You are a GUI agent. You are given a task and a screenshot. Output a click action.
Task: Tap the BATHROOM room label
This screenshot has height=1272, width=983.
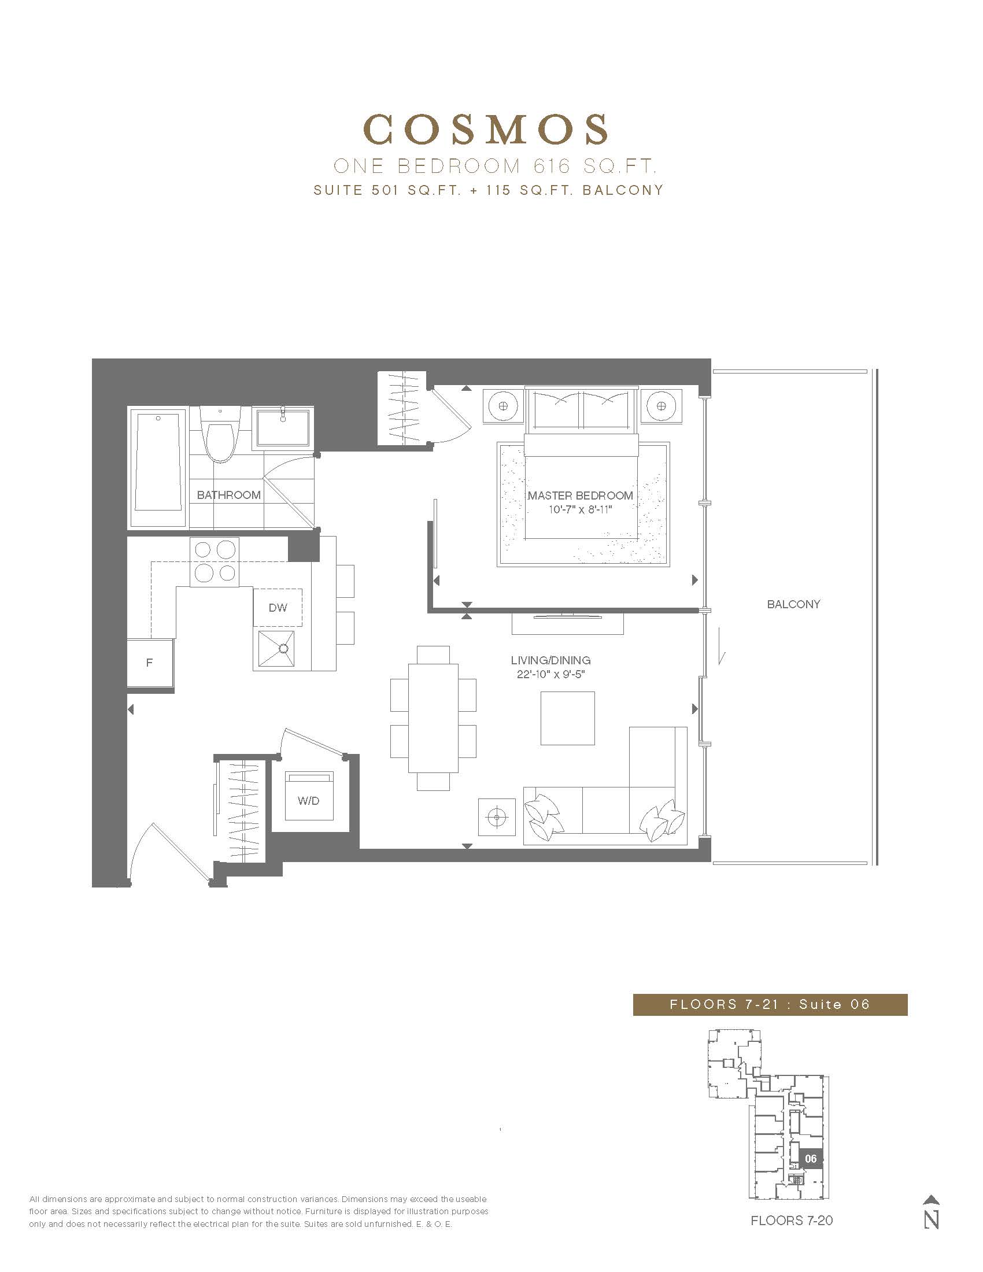(228, 495)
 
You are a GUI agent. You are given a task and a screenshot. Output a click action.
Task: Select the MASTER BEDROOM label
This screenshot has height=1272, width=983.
(580, 496)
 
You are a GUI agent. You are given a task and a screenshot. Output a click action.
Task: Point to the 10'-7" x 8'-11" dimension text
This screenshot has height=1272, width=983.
(580, 509)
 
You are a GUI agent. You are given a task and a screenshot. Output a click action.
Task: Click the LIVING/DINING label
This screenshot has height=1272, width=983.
(550, 660)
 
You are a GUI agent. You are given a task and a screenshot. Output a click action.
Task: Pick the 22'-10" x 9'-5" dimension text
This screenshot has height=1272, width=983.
(550, 674)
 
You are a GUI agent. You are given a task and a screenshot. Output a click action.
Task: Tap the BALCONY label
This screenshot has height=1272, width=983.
(793, 604)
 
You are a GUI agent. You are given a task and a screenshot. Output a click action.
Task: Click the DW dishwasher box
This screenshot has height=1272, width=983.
(278, 608)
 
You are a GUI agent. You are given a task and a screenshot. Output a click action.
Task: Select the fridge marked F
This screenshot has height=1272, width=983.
(150, 663)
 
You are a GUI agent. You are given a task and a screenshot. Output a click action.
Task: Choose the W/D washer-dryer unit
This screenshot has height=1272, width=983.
(309, 796)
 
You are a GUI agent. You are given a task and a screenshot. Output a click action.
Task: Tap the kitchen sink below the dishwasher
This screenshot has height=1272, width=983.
(274, 648)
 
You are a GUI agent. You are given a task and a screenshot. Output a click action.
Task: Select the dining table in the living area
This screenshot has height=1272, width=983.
(433, 718)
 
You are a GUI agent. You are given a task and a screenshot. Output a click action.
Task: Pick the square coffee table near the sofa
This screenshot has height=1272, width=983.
(567, 718)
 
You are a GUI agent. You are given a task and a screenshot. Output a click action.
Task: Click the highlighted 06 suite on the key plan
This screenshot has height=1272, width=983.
(811, 1159)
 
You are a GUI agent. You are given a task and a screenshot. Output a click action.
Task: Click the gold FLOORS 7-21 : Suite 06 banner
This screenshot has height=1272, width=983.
(770, 1004)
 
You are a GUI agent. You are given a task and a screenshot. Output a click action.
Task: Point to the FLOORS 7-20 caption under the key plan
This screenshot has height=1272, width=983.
(792, 1220)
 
